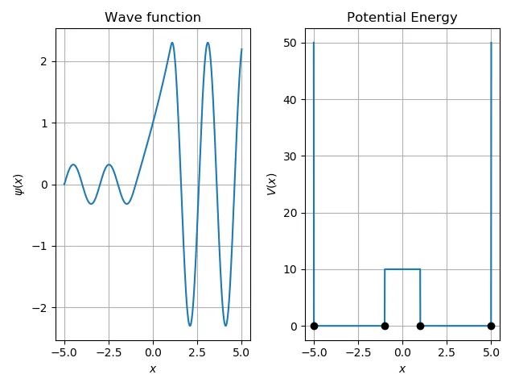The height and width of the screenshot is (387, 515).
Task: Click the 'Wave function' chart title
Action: click(153, 18)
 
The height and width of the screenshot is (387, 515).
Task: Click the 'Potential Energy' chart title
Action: click(402, 18)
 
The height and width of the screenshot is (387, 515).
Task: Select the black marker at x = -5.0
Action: click(314, 326)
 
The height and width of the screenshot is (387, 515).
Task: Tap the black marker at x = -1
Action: click(385, 326)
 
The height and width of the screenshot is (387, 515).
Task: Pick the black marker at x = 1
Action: click(420, 326)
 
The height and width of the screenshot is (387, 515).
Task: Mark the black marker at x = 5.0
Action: click(491, 326)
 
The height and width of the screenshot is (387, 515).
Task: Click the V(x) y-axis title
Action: click(272, 184)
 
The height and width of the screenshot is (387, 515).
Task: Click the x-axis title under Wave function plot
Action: click(153, 369)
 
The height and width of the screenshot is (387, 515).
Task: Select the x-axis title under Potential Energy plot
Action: click(402, 369)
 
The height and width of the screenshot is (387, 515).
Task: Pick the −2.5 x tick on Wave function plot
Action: click(109, 352)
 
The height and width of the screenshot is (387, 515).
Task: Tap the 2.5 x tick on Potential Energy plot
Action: click(447, 352)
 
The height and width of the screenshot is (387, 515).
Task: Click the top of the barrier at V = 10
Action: click(402, 269)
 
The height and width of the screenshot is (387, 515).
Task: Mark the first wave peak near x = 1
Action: click(172, 43)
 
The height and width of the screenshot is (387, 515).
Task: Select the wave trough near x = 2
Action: click(190, 326)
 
